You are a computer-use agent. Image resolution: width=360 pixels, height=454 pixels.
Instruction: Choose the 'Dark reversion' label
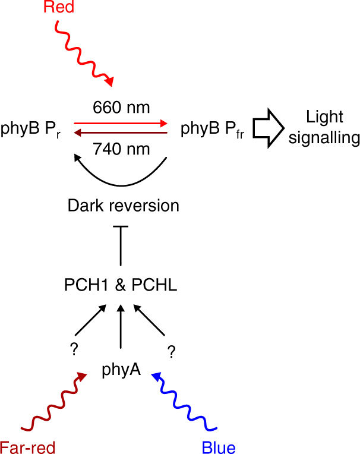point(123,206)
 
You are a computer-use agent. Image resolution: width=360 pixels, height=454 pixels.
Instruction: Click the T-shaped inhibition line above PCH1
point(121,245)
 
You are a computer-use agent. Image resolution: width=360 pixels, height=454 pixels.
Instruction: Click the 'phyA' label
point(121,371)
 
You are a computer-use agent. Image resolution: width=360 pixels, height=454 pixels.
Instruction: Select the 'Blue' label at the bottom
point(219,446)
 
